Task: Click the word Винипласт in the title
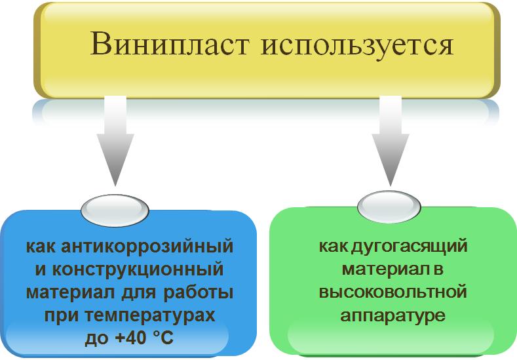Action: (x=169, y=44)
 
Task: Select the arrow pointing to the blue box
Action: (x=115, y=140)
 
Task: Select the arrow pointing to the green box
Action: (x=391, y=140)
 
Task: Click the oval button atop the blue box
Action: (x=115, y=210)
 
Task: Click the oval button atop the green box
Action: (x=389, y=207)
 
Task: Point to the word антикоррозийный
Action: (x=147, y=247)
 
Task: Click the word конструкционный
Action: (x=138, y=270)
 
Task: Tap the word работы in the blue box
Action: (x=198, y=292)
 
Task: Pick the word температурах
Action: (x=150, y=316)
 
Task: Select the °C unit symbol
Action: (x=164, y=338)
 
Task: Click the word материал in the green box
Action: (x=383, y=270)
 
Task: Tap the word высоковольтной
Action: (x=393, y=292)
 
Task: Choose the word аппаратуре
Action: (x=393, y=316)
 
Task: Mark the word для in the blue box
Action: (x=139, y=293)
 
